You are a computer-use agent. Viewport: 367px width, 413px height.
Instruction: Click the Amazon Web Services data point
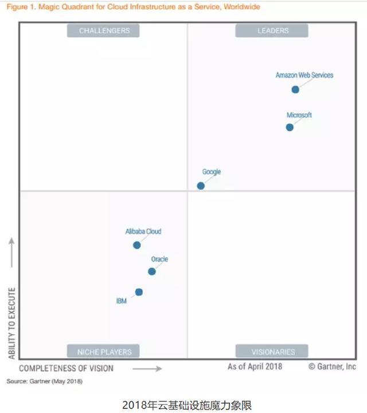[x=295, y=89]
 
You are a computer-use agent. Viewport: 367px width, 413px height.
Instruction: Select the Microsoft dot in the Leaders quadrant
[x=290, y=127]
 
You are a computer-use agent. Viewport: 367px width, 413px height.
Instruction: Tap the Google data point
[x=201, y=186]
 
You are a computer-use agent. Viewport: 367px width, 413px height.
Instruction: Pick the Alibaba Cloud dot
[x=136, y=245]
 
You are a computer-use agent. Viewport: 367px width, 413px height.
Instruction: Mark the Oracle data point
[x=152, y=272]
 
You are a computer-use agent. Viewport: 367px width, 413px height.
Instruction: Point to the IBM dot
[x=139, y=292]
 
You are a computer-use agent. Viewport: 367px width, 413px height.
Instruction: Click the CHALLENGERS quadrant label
[x=104, y=30]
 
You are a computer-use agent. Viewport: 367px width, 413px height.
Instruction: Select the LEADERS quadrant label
[x=273, y=30]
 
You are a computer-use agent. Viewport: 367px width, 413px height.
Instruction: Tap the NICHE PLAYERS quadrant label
[x=104, y=352]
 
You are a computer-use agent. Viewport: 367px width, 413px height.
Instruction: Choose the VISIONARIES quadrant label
[x=273, y=352]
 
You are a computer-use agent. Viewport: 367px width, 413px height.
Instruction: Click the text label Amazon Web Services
[x=304, y=75]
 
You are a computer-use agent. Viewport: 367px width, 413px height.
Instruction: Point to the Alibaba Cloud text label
[x=143, y=232]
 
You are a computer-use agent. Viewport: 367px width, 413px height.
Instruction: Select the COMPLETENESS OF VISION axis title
[x=66, y=368]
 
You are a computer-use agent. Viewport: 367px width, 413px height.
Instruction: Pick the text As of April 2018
[x=255, y=367]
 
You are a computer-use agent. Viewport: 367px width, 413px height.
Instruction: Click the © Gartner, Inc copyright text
[x=332, y=367]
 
